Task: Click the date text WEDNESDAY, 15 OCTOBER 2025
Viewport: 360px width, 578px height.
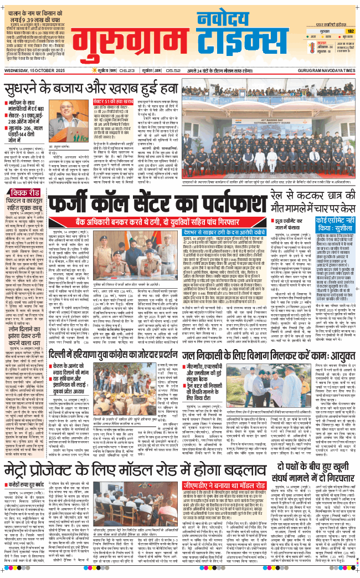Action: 33,70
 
